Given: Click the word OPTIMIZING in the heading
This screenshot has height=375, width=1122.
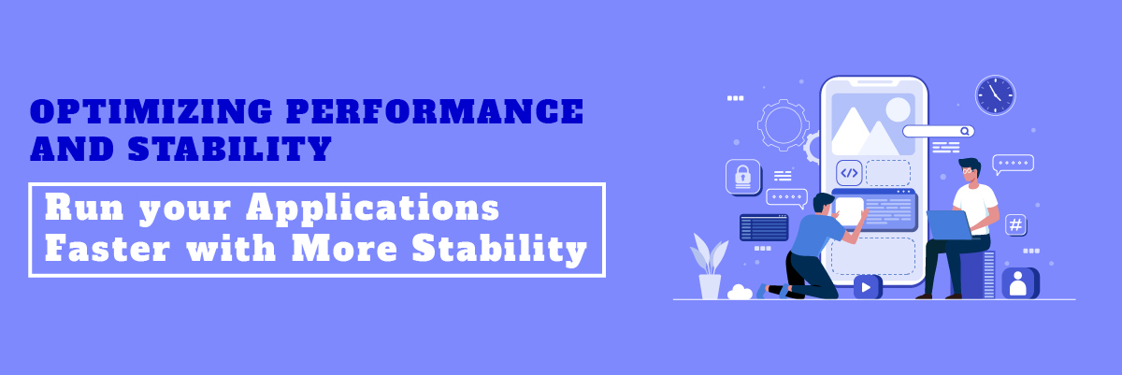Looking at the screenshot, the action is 151,111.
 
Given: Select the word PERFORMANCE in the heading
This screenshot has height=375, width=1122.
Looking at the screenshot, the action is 435,111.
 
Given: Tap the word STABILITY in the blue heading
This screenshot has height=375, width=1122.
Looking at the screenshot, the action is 230,149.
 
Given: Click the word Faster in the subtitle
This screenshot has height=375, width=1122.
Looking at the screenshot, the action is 108,248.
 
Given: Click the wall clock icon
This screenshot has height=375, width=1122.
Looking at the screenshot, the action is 995,95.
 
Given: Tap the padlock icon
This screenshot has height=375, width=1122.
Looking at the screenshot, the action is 743,176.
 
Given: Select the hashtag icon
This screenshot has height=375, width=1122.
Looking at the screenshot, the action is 1015,224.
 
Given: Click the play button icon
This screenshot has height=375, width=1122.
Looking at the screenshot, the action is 867,287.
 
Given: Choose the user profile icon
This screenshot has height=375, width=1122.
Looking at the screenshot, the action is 1019,282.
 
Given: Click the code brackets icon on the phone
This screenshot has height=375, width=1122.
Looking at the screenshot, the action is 849,173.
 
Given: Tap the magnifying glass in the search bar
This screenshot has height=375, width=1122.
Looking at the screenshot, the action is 965,131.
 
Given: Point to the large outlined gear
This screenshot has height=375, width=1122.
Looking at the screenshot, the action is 783,125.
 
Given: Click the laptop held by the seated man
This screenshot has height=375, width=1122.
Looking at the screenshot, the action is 948,224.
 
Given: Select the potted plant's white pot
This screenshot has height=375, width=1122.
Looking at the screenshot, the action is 710,287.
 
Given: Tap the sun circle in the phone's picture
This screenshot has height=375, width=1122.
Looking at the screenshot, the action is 898,109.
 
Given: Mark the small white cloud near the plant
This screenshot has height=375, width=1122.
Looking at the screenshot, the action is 740,292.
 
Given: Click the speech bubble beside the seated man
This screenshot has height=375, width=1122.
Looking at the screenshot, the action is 1013,165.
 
